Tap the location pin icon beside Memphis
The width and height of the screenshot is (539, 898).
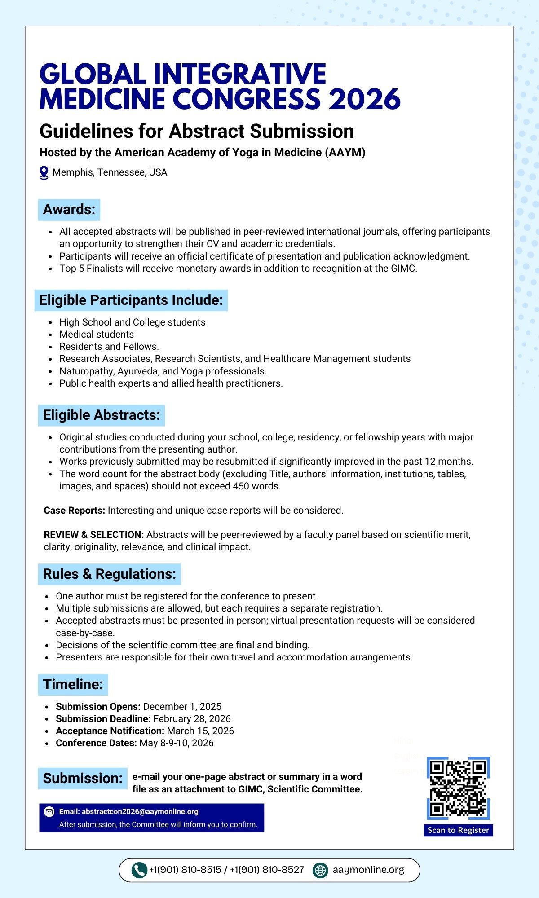[44, 173]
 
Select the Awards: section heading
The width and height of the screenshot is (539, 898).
[69, 210]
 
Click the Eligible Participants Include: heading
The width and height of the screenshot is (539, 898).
[131, 300]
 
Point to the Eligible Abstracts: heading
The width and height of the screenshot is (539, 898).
[102, 415]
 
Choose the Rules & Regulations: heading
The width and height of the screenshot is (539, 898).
[110, 574]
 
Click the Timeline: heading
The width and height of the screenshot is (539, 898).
[73, 685]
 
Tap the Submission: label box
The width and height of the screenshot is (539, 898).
[83, 779]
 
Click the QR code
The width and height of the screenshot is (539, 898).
[458, 788]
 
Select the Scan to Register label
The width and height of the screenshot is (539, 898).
[458, 830]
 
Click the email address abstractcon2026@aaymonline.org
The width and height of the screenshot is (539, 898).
[140, 812]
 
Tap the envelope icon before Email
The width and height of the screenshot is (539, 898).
[49, 812]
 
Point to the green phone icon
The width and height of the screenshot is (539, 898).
[139, 870]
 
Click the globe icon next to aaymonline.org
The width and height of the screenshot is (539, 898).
[320, 870]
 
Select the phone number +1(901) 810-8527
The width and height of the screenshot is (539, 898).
[267, 870]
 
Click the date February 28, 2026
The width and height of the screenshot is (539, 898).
[192, 719]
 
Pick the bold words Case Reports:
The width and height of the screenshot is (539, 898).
[74, 511]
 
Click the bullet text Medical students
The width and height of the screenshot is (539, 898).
[97, 335]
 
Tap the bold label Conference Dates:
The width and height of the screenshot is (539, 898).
[96, 743]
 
